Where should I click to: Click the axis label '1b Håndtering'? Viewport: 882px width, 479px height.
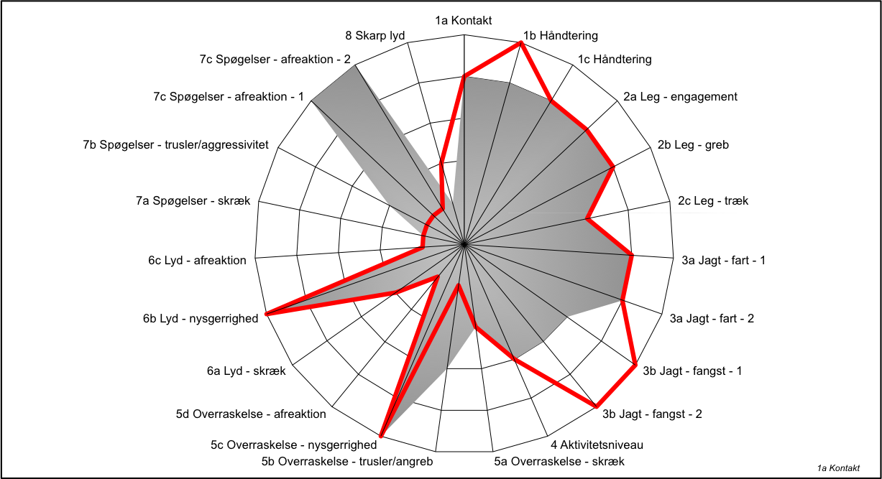tap(560, 36)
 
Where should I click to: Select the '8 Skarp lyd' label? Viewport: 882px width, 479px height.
tap(375, 36)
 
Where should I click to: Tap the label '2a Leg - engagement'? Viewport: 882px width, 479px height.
tap(680, 97)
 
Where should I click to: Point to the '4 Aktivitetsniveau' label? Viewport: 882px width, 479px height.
tap(597, 445)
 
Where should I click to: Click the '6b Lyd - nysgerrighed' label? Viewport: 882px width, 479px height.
tap(201, 319)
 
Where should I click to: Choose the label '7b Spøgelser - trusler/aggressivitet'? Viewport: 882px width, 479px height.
tap(175, 145)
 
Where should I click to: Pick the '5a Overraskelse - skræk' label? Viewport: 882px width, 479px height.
tap(559, 461)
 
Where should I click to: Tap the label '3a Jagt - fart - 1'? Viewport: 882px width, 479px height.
tap(723, 261)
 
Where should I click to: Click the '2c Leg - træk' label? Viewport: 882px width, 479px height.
tap(712, 201)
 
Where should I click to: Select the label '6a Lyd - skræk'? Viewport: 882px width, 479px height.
tap(246, 371)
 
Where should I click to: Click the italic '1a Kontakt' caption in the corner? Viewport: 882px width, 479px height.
tap(838, 468)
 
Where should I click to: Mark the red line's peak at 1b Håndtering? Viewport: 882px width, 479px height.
tap(521, 44)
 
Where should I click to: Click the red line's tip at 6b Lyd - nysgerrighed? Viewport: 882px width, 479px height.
tap(267, 314)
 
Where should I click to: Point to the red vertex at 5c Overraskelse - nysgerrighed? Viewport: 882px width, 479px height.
tap(381, 435)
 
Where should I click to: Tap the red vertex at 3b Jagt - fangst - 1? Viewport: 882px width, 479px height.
tap(635, 365)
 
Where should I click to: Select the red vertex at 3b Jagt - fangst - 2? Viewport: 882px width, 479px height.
tap(596, 406)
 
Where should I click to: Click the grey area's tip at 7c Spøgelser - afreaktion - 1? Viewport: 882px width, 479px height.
tap(312, 101)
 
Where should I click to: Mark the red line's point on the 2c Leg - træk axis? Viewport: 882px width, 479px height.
tap(587, 218)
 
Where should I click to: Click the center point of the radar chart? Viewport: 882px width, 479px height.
tap(464, 244)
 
